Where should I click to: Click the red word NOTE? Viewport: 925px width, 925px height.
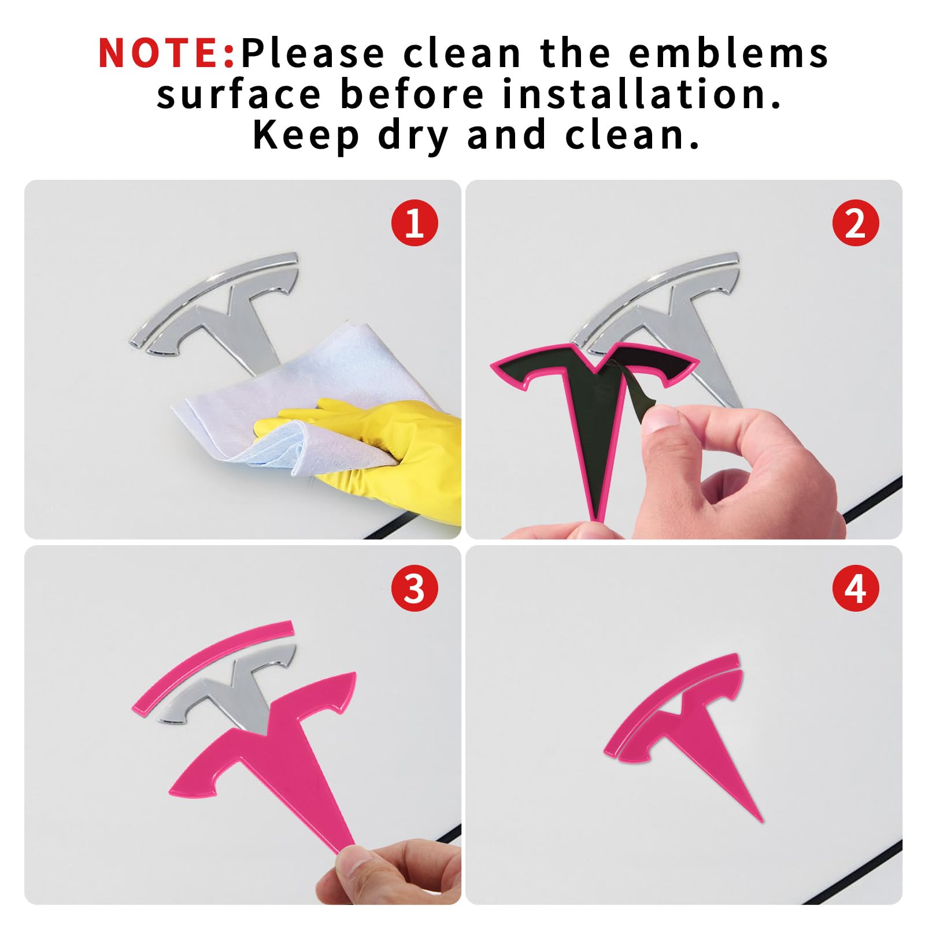click(x=166, y=53)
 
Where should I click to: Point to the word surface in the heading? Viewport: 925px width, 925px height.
click(x=238, y=94)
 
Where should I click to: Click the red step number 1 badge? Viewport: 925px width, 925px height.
click(x=415, y=223)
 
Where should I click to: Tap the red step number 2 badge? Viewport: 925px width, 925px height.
click(x=856, y=223)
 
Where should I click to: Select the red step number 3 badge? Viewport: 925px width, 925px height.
click(x=415, y=589)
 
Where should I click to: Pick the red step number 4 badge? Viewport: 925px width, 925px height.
click(x=856, y=589)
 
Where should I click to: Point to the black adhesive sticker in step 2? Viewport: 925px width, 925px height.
click(x=595, y=405)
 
